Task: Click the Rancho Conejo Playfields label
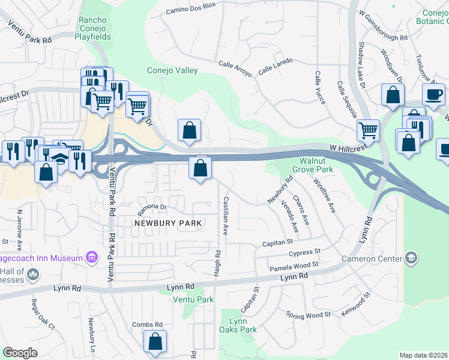[x=93, y=28]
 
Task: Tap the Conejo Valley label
[x=173, y=71]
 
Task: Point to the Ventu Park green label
[x=193, y=299]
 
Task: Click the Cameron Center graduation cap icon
[x=411, y=259]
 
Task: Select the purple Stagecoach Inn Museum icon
[x=91, y=258]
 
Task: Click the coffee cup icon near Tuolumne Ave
[x=433, y=94]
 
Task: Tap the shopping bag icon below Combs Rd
[x=155, y=341]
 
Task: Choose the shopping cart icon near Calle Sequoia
[x=367, y=128]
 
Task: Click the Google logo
[x=20, y=353]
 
